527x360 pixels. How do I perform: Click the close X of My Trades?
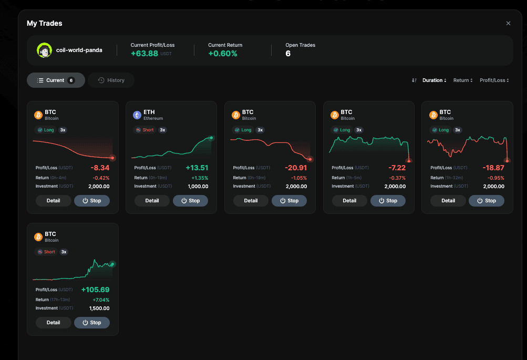(x=508, y=23)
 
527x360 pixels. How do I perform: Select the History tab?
(x=111, y=80)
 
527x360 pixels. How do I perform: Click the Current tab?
(x=56, y=80)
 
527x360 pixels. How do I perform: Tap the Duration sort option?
(x=434, y=80)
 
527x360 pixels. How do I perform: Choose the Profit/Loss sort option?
(x=494, y=80)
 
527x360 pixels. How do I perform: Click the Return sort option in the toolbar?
(x=463, y=80)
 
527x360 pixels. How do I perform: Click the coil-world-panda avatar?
(x=44, y=50)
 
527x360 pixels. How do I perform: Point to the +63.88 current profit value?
(x=144, y=54)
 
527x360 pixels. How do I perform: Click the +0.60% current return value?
(x=222, y=54)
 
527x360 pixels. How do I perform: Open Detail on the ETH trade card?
(x=152, y=201)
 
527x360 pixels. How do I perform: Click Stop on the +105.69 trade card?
(x=92, y=323)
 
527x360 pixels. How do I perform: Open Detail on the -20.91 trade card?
(x=251, y=201)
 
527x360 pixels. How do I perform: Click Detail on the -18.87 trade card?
(x=448, y=201)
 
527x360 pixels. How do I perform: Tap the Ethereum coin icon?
(x=137, y=115)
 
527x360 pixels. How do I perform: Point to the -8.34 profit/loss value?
(x=100, y=168)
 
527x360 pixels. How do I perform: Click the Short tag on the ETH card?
(x=145, y=130)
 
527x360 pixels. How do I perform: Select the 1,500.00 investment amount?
(x=99, y=308)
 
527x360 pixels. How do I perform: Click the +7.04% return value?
(x=101, y=300)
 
